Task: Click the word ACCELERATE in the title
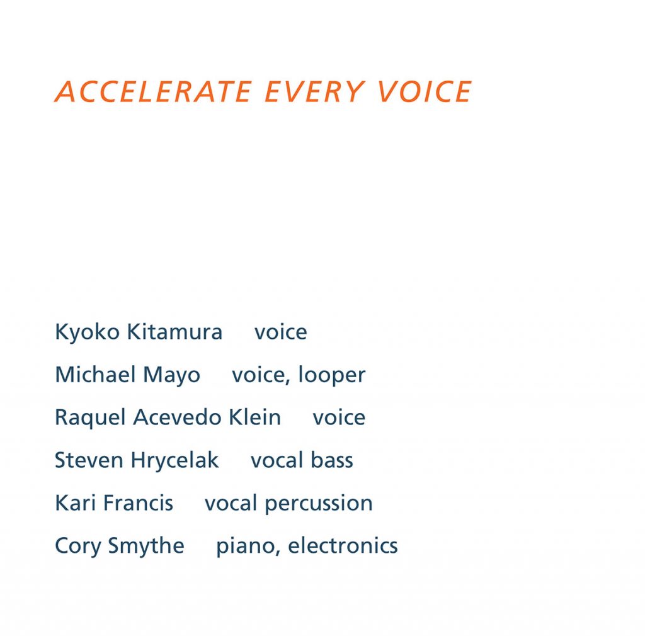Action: [153, 91]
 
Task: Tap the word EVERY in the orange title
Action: [314, 91]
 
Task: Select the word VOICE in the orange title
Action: [424, 91]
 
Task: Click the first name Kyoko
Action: [87, 332]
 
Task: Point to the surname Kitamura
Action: [174, 331]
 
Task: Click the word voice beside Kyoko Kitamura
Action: [280, 332]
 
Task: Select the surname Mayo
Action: [171, 375]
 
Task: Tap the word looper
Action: [331, 375]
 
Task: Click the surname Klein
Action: [254, 417]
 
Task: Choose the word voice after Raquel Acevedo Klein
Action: [339, 417]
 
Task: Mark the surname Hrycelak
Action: [174, 460]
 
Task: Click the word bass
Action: [331, 460]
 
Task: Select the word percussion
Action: [319, 504]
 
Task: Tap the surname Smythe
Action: [146, 547]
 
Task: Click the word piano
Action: [248, 547]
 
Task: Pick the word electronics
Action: [343, 545]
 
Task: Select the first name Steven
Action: [89, 460]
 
